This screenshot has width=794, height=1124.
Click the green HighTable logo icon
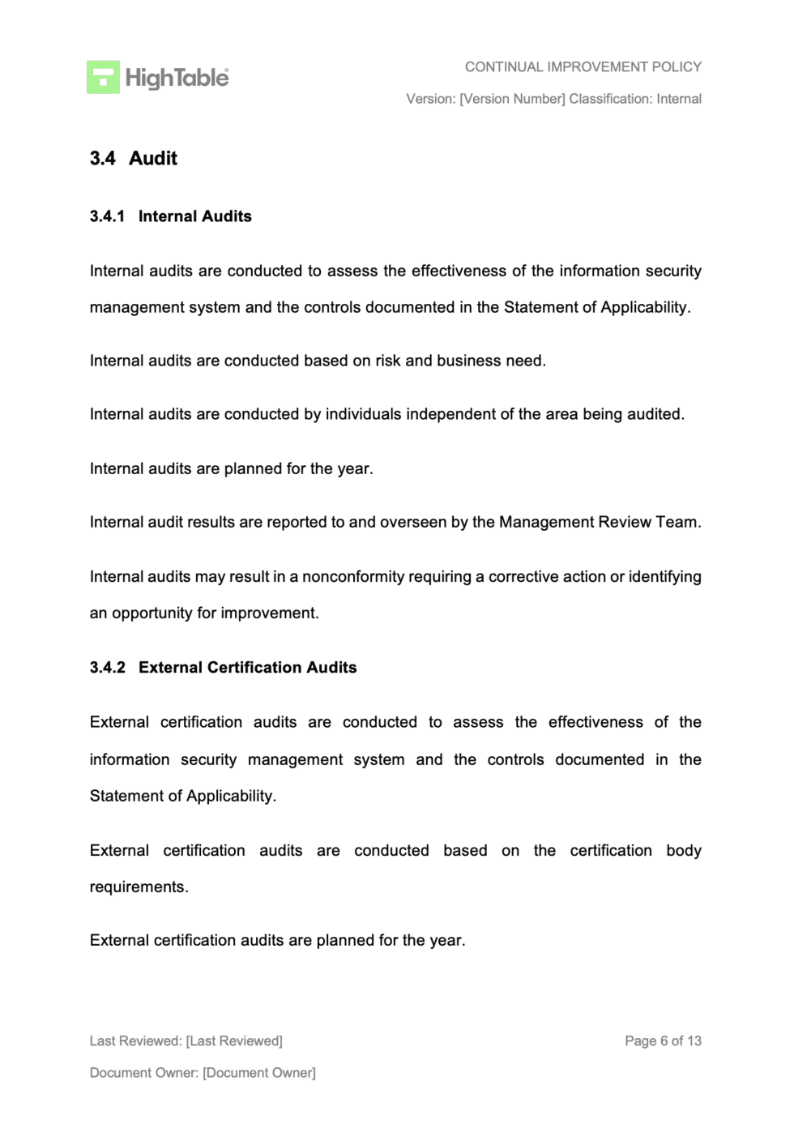point(103,78)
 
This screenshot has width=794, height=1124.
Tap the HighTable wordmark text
point(177,78)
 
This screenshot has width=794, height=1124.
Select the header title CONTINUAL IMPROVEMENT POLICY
point(583,66)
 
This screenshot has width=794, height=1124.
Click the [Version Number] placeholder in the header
point(512,99)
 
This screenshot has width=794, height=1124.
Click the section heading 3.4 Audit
point(134,158)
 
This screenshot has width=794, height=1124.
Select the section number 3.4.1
point(107,216)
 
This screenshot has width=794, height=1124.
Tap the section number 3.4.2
point(107,668)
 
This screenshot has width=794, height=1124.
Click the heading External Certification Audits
point(247,668)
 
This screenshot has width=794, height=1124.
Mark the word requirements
point(138,887)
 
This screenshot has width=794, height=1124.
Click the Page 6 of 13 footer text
point(663,1041)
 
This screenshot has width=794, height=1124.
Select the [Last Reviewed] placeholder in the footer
point(234,1041)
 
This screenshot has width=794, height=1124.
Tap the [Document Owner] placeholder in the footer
point(259,1073)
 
